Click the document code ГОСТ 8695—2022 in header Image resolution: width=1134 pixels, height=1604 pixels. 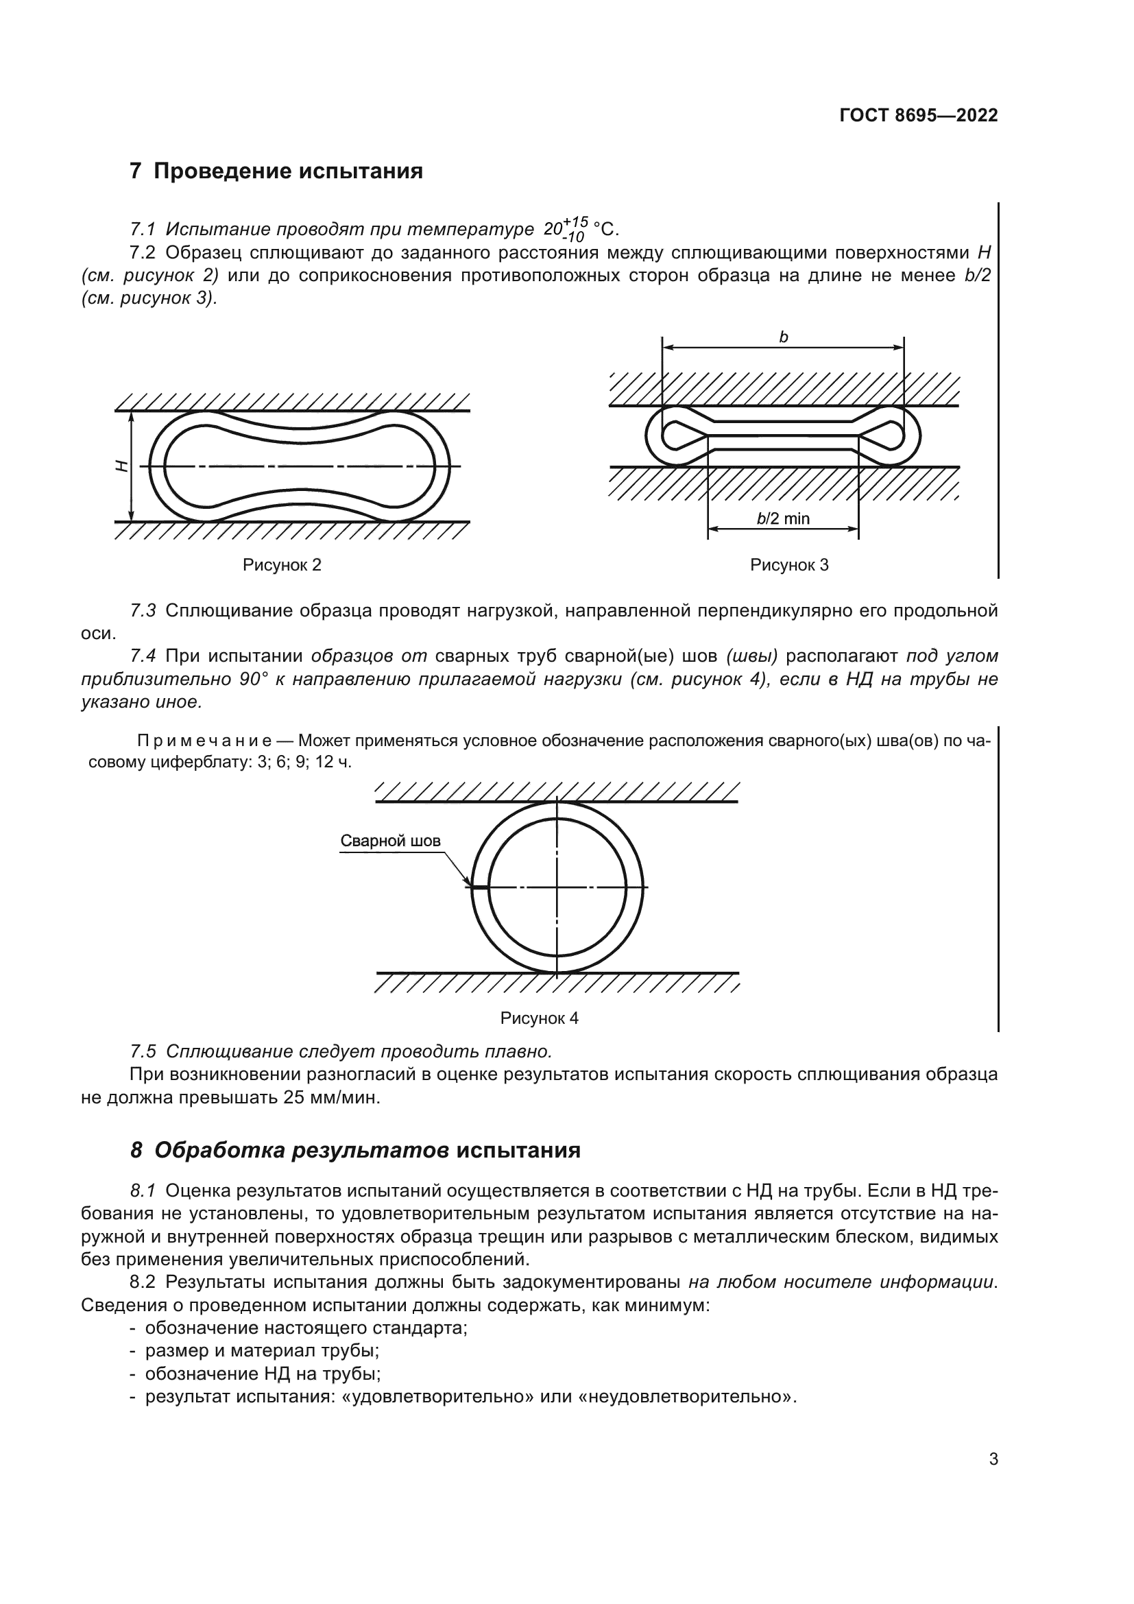click(x=917, y=116)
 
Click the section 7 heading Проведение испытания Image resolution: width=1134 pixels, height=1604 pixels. click(x=276, y=171)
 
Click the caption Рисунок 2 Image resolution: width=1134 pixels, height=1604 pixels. click(x=281, y=564)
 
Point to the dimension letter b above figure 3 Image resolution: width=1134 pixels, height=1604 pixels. click(x=784, y=337)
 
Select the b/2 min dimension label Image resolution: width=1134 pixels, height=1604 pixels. click(x=783, y=518)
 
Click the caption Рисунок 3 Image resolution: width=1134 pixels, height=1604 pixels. click(x=789, y=564)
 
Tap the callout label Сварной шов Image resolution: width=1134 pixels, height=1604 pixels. click(x=390, y=841)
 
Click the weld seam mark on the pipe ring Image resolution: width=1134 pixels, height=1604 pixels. click(x=480, y=887)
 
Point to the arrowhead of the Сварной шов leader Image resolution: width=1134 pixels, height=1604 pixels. click(x=468, y=883)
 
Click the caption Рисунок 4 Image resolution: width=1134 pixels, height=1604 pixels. click(x=539, y=1018)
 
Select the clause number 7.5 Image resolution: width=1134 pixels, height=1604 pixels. click(x=143, y=1051)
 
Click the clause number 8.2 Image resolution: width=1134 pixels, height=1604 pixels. click(x=143, y=1282)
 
